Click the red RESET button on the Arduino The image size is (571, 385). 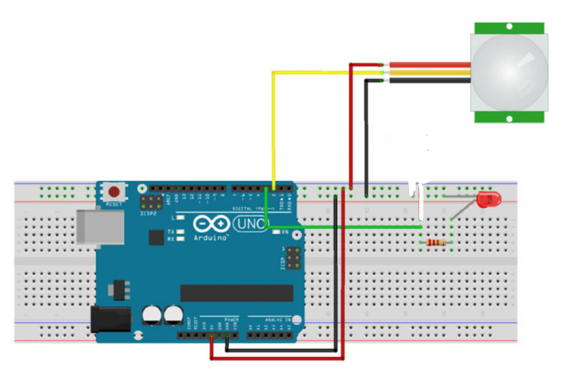(114, 192)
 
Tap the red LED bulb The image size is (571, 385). (486, 200)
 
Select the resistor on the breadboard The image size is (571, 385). (436, 242)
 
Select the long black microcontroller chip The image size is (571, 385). (237, 293)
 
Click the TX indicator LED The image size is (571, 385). (180, 232)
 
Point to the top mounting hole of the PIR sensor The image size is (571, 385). (509, 25)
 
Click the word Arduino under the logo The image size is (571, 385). (211, 237)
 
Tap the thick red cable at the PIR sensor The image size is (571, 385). (429, 65)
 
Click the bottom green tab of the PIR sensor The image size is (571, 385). (509, 117)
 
